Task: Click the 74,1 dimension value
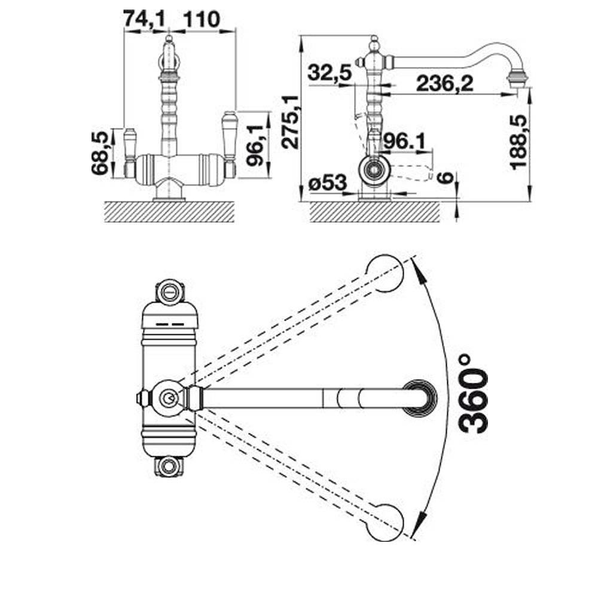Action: coord(144,19)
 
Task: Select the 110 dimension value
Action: coord(202,19)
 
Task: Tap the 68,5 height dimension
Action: coord(100,153)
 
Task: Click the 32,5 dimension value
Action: coord(329,72)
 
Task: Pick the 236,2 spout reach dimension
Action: coord(445,83)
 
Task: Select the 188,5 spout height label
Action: coord(518,142)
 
